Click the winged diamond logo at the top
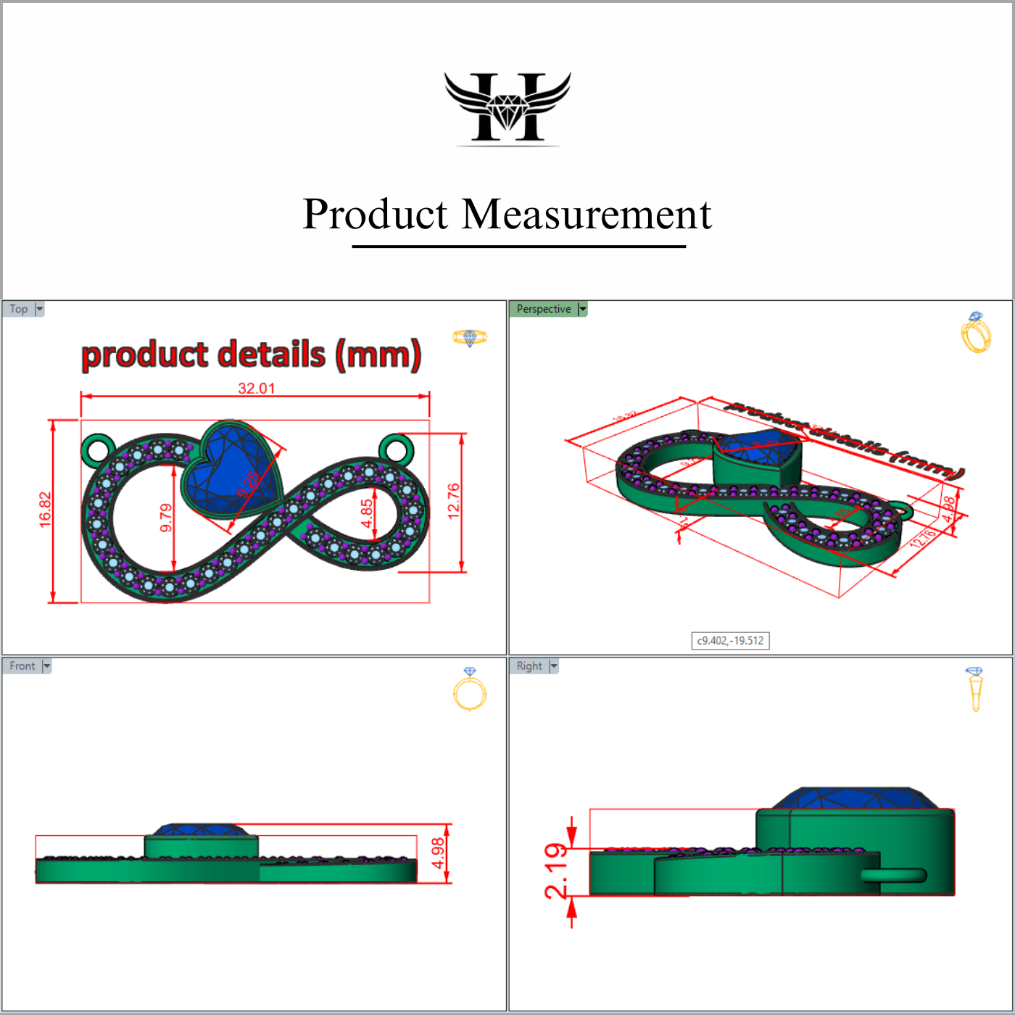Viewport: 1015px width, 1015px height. (x=507, y=107)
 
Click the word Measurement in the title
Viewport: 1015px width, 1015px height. (x=587, y=215)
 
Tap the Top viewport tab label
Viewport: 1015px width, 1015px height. (x=19, y=309)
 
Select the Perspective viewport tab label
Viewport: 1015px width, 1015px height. (x=543, y=309)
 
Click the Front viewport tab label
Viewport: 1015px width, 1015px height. (x=22, y=666)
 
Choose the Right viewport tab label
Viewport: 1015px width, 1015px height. (x=529, y=666)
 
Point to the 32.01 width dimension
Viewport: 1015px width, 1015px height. (x=257, y=388)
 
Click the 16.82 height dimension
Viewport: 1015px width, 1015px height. (x=45, y=510)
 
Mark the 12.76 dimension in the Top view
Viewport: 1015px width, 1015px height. (x=454, y=500)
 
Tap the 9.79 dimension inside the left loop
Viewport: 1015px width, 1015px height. (x=166, y=518)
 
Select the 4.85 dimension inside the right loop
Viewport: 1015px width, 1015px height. (x=367, y=513)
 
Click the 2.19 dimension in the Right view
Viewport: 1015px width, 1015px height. (x=557, y=870)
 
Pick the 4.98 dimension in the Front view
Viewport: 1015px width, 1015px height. (x=438, y=853)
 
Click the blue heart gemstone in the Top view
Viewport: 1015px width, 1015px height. (x=231, y=468)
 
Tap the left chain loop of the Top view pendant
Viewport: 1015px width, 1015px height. (x=97, y=449)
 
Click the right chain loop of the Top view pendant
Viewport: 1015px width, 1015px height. (x=396, y=449)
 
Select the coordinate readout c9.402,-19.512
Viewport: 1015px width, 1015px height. (x=730, y=641)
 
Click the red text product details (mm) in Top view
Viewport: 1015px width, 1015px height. (x=251, y=355)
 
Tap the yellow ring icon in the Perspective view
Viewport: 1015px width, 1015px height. (x=976, y=333)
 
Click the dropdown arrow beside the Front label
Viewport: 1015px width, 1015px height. (x=46, y=666)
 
